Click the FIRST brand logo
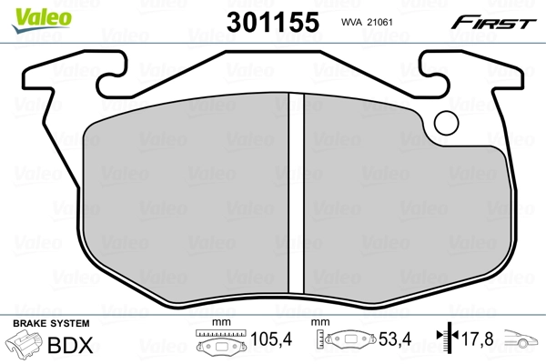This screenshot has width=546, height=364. [x=497, y=22]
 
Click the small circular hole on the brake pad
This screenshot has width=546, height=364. [x=447, y=122]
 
